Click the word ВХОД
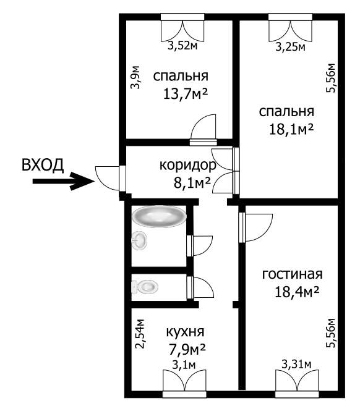43,165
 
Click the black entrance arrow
61,182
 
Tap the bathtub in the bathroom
159,217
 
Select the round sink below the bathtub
140,240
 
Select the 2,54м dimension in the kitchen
140,335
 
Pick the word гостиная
292,274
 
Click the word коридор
187,166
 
